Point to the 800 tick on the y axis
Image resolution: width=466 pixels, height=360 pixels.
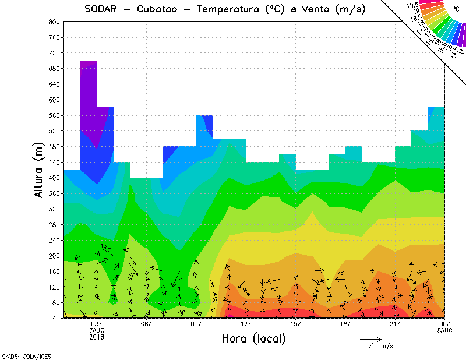click(55, 22)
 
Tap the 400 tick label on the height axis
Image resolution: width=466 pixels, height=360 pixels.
click(55, 178)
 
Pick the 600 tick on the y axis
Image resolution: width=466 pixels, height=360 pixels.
click(55, 100)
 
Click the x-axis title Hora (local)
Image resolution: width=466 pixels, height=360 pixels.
click(253, 338)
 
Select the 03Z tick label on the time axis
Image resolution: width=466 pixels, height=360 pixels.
click(97, 324)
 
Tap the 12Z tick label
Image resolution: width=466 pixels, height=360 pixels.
click(246, 324)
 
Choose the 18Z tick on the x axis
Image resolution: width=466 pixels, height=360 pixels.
click(345, 324)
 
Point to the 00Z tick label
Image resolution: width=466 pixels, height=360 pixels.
click(445, 324)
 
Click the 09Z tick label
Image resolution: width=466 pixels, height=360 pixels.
click(196, 324)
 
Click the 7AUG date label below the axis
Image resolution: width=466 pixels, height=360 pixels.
click(97, 330)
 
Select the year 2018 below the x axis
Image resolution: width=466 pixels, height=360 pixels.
click(97, 337)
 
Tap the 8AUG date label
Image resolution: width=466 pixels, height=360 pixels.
click(445, 330)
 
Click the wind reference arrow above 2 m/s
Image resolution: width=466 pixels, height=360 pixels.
click(370, 338)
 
